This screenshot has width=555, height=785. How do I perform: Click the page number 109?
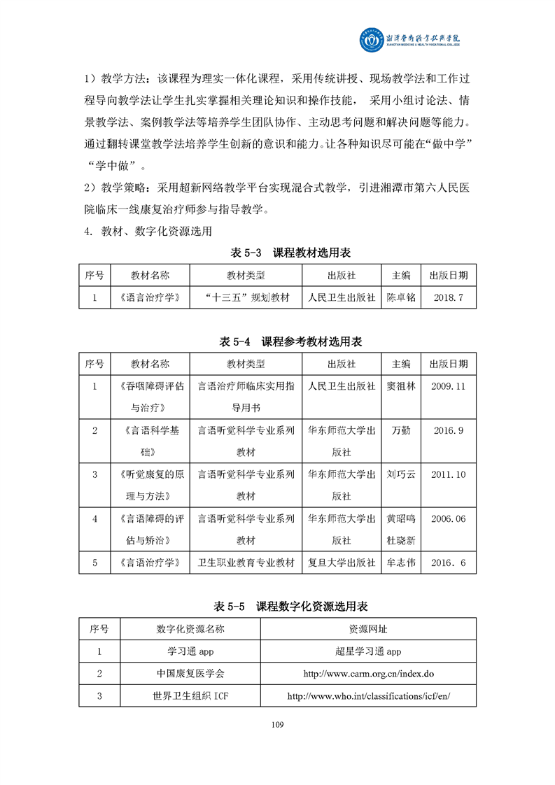coord(277,724)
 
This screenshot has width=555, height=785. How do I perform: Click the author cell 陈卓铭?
coord(401,297)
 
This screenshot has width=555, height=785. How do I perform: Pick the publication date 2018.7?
coord(449,297)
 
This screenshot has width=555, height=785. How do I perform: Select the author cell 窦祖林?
coord(401,386)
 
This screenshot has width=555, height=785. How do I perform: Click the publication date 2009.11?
coord(449,386)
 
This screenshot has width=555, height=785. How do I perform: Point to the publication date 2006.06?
coord(449,519)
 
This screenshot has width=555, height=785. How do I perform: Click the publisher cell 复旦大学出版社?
coord(342,563)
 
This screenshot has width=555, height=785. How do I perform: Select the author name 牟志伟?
coord(401,563)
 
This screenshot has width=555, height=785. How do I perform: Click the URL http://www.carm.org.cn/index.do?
coord(369,674)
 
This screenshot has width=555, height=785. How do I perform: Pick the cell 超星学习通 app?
coord(369,651)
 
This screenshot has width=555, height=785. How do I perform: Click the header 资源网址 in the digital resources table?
coord(369,629)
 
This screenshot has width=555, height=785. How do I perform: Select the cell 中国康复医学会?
coord(191,674)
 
